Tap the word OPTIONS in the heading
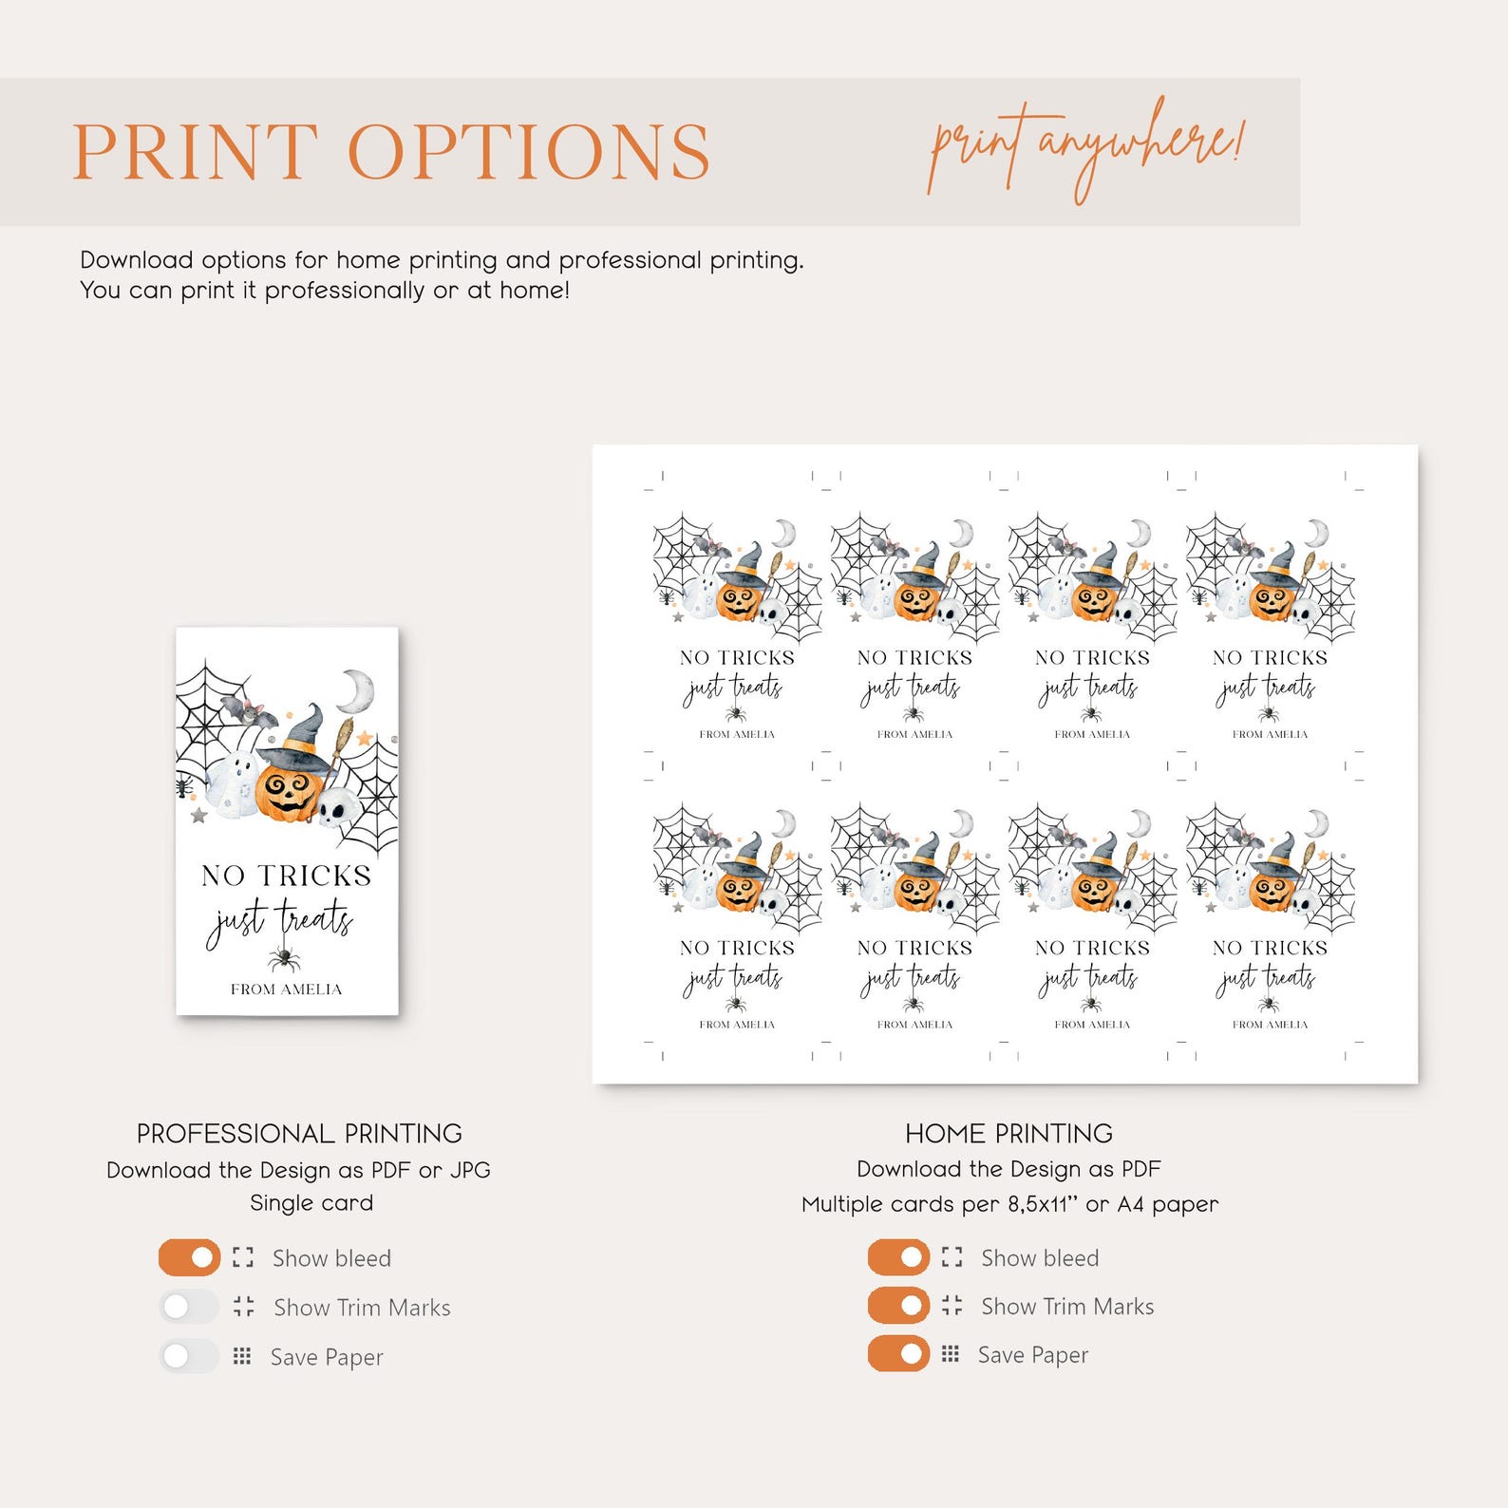(x=530, y=151)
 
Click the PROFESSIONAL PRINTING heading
(x=299, y=1133)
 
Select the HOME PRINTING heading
(x=1008, y=1133)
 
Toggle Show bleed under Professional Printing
(x=189, y=1257)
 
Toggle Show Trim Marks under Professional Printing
(x=189, y=1307)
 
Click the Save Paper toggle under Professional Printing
(x=189, y=1356)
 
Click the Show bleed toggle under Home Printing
(x=898, y=1257)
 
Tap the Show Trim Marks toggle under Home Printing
(x=898, y=1306)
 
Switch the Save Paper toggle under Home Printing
(x=898, y=1354)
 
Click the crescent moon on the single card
(x=358, y=689)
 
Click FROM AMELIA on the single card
(x=286, y=990)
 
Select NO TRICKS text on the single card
(x=286, y=875)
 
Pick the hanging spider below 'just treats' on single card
(x=283, y=959)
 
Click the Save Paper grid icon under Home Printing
(x=951, y=1354)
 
